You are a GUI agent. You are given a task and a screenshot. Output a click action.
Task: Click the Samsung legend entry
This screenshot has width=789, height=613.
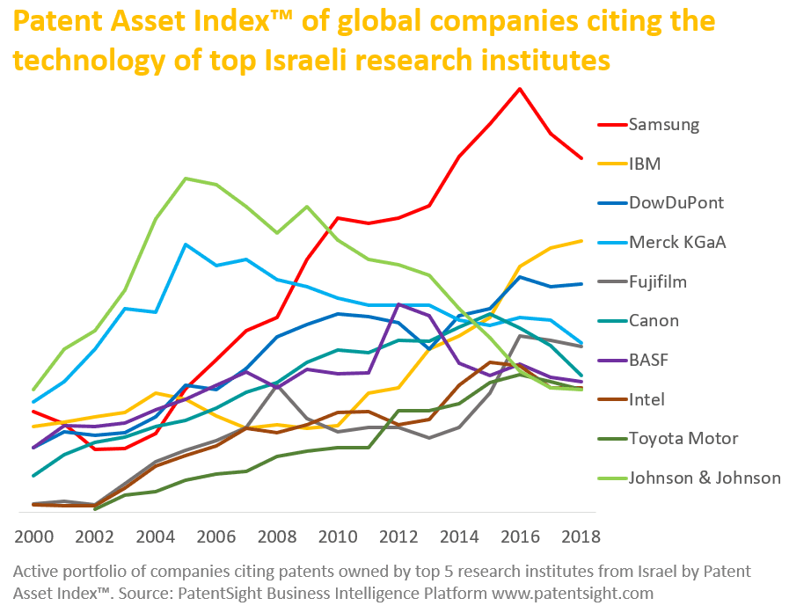664,124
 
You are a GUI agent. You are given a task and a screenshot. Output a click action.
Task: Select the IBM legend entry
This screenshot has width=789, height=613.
644,164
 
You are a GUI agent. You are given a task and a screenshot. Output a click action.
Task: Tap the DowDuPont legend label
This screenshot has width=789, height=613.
676,202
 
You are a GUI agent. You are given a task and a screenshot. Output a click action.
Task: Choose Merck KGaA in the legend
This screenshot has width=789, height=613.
677,242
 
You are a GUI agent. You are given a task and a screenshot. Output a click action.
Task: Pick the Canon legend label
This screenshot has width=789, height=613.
654,320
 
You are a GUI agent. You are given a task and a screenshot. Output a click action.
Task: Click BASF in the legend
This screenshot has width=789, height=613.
648,360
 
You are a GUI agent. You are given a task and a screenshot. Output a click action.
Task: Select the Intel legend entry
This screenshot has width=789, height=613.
646,399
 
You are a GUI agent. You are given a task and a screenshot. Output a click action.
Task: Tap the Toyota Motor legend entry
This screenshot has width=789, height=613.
683,438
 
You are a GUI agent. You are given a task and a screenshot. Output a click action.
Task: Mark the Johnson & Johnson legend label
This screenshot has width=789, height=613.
705,478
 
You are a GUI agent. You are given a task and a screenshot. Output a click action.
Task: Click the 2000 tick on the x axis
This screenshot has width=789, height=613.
34,537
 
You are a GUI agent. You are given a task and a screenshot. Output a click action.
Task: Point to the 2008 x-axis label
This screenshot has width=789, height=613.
277,537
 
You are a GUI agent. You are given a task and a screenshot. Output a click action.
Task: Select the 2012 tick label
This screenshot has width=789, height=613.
398,537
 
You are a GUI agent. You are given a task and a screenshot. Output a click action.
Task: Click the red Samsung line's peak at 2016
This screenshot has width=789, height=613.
520,89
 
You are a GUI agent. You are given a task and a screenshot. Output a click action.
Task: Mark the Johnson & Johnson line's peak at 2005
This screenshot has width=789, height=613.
186,179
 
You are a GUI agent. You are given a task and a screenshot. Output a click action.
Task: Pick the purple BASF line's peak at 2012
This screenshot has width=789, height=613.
398,304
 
